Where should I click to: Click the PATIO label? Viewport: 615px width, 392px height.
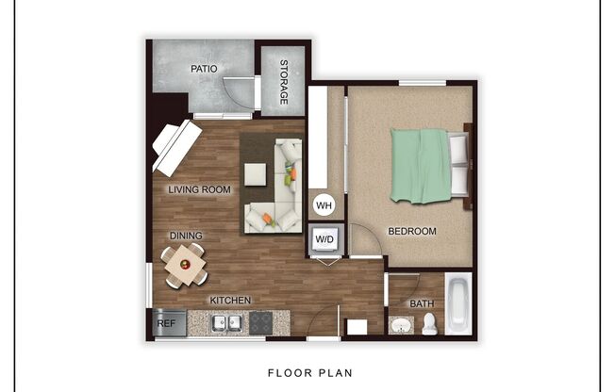[x=204, y=69]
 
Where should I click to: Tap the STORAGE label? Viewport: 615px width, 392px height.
[x=283, y=81]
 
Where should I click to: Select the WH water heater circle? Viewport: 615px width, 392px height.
[x=323, y=204]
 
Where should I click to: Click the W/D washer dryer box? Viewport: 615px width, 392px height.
[x=324, y=240]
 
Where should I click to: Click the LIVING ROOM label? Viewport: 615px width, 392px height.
[x=199, y=189]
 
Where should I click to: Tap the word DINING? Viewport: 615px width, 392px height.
[x=186, y=236]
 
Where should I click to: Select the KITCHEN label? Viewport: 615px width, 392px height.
[x=229, y=301]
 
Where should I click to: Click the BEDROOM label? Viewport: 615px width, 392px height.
[x=412, y=231]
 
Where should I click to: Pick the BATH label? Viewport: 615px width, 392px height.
[x=422, y=303]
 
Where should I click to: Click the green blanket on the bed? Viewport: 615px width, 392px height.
[x=421, y=165]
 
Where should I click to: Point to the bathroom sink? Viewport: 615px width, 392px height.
[x=401, y=326]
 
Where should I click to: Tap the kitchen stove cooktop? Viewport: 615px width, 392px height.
[x=260, y=323]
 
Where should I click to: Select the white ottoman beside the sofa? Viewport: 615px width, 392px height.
[x=256, y=174]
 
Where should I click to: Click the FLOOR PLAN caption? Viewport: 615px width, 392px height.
[x=308, y=372]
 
